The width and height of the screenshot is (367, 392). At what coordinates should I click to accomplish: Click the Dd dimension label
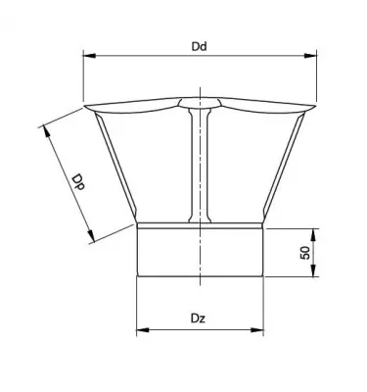tap(200, 45)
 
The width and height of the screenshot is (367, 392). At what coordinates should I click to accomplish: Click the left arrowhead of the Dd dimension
tap(86, 56)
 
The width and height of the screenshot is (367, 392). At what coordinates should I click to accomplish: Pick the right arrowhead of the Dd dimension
tap(316, 56)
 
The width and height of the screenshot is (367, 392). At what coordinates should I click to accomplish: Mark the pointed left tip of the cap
tap(86, 107)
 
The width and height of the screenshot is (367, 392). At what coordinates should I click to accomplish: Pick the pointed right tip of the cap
tap(316, 107)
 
